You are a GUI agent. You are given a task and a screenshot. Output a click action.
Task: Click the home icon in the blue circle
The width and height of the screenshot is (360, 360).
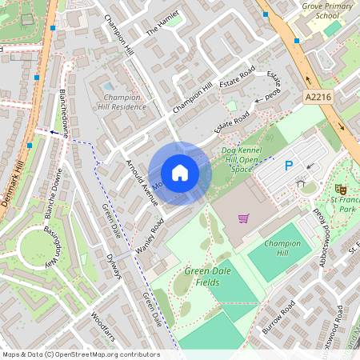[180, 173]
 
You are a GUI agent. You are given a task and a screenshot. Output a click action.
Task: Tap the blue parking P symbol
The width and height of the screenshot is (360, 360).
[290, 166]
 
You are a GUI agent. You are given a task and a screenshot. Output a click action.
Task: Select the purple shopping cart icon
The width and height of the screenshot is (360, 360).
[244, 218]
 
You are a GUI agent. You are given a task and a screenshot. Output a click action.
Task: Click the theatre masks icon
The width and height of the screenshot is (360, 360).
[340, 188]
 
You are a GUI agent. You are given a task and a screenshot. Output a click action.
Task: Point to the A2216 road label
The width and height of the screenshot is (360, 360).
[318, 96]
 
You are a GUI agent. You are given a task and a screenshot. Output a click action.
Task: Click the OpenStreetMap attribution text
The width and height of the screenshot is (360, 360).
[81, 354]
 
